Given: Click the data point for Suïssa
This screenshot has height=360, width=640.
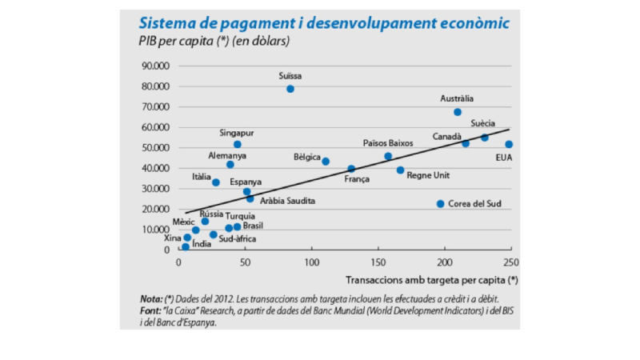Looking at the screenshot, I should pos(290,89).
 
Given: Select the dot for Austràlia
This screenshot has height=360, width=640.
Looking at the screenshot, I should pos(458,112).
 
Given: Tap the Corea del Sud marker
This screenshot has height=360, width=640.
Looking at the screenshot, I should pos(440,204).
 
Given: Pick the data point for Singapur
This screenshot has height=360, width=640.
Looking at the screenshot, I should pos(238,145).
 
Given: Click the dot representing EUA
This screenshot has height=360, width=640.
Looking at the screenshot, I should pos(509,145).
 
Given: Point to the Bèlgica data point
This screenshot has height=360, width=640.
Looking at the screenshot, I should pos(326,162).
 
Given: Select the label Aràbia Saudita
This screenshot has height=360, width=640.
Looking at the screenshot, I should pos(288,201).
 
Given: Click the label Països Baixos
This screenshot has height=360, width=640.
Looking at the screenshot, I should pos(388,143).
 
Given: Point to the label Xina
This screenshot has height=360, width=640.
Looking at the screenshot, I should pos(173,238).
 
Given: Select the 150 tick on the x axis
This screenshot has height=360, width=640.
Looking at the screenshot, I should pos(378,262).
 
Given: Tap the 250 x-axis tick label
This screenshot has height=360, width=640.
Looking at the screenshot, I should pos(511,262).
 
